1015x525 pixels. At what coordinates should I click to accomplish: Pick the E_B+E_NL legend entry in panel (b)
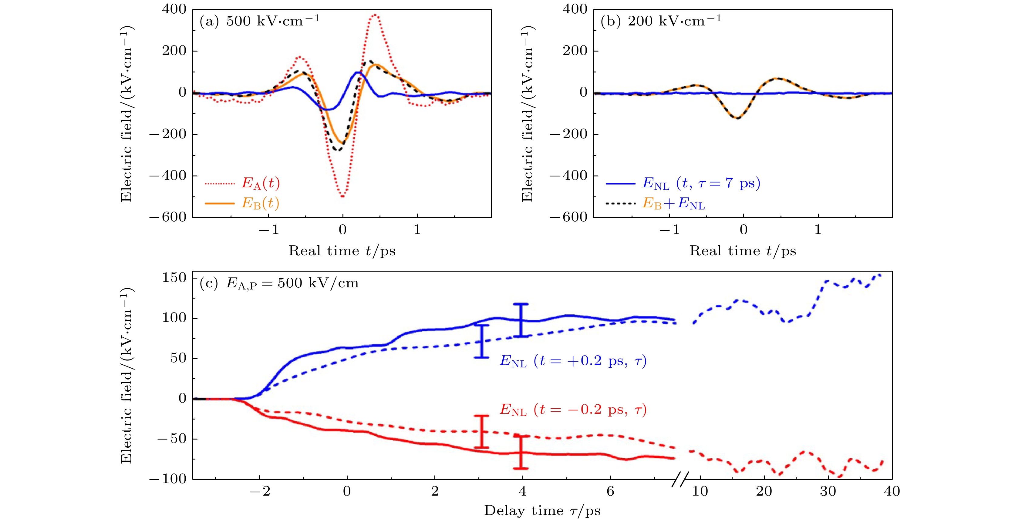673,204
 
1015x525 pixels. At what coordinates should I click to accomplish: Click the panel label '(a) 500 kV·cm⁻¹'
259,21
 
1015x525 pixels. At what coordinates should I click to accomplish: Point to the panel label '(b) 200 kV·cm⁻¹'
661,21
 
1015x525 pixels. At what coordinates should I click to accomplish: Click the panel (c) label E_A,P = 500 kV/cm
279,283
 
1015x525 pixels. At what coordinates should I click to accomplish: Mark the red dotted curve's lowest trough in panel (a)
342,196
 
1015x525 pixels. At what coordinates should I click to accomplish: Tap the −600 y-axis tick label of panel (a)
168,217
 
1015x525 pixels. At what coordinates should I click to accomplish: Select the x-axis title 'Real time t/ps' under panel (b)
743,251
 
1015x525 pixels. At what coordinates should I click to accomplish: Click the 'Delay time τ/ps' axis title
542,511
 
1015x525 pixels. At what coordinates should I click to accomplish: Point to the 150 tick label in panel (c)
174,278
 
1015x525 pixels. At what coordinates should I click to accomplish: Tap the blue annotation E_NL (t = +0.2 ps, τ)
573,361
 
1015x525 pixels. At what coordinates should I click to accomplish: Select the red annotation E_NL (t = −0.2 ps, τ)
573,410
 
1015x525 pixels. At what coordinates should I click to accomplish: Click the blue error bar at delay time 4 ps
521,320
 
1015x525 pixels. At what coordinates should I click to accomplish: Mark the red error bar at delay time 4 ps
521,452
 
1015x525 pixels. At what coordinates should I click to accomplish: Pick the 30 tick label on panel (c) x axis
828,492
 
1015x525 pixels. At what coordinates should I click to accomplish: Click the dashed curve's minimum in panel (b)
737,118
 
